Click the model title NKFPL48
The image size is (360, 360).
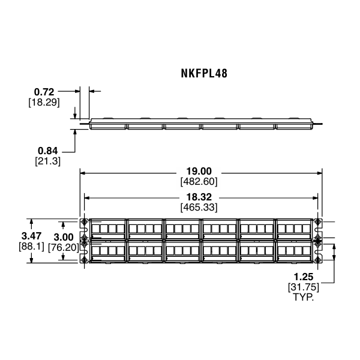[x=203, y=74]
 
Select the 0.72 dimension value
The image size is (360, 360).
[x=44, y=92]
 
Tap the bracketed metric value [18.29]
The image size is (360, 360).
[x=44, y=102]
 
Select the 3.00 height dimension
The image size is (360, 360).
[x=64, y=236]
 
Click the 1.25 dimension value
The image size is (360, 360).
[x=302, y=277]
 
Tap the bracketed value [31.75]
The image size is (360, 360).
[x=302, y=287]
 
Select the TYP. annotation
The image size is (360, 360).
[x=302, y=297]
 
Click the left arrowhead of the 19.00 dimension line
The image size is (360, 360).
[x=82, y=172]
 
